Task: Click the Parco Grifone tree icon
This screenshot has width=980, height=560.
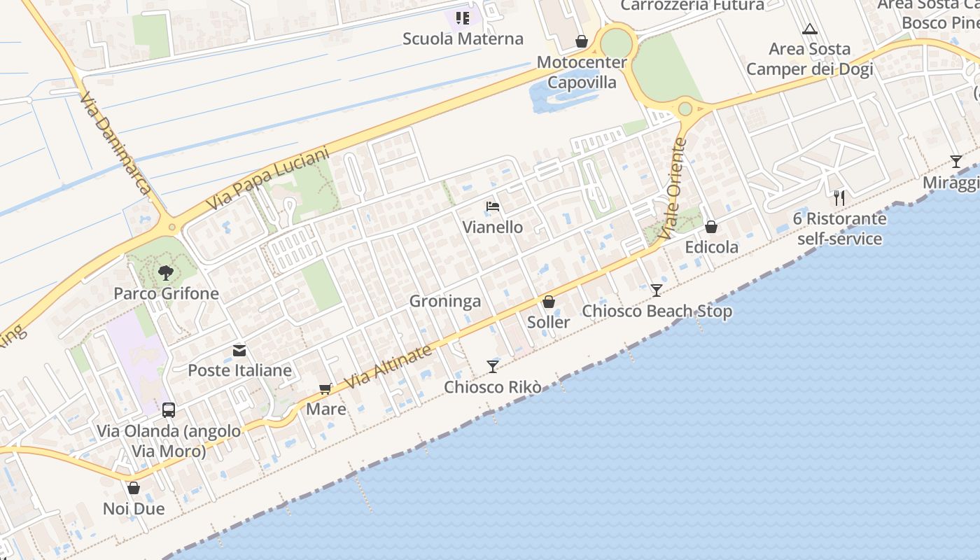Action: (165, 272)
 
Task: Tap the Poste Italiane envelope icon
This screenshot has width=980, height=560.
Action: (239, 350)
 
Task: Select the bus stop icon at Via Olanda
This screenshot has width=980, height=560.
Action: (169, 410)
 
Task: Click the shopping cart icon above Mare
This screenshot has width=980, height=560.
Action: (325, 388)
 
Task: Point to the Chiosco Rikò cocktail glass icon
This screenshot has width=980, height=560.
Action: (493, 366)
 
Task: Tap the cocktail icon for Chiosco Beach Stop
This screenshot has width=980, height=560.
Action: (656, 290)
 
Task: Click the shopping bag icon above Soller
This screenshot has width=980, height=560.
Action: (549, 302)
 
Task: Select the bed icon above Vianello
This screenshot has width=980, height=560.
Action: (493, 206)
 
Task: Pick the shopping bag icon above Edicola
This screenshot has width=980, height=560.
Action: (711, 227)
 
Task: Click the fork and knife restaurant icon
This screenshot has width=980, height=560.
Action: (839, 198)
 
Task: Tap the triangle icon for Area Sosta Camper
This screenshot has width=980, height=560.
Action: (810, 29)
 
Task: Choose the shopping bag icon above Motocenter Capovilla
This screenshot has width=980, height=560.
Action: (581, 42)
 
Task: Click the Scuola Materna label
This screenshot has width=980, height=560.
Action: (463, 38)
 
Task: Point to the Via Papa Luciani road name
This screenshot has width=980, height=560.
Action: (268, 179)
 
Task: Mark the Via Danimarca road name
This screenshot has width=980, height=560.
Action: (116, 143)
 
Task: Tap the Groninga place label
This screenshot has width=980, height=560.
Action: (445, 302)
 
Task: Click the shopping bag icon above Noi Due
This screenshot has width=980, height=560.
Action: (134, 488)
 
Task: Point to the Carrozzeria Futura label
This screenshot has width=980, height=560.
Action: (692, 6)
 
